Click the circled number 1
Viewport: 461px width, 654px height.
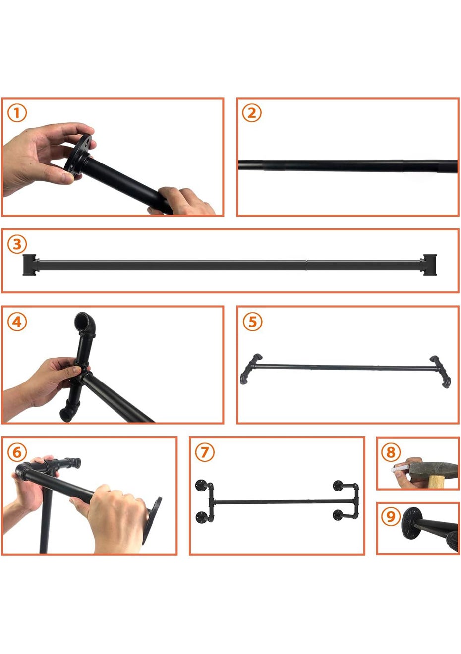(17, 113)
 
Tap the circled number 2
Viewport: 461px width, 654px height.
(252, 113)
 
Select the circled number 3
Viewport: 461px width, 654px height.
(17, 244)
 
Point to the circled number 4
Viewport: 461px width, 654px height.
(17, 322)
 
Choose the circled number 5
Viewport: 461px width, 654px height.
(252, 322)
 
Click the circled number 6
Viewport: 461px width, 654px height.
(17, 452)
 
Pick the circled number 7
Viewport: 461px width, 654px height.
(205, 452)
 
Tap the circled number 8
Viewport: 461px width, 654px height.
(391, 452)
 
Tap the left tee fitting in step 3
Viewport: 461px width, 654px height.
(30, 265)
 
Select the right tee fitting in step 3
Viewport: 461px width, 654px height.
(429, 265)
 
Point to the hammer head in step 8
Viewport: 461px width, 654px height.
(433, 468)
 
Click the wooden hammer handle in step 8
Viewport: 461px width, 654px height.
(436, 482)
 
